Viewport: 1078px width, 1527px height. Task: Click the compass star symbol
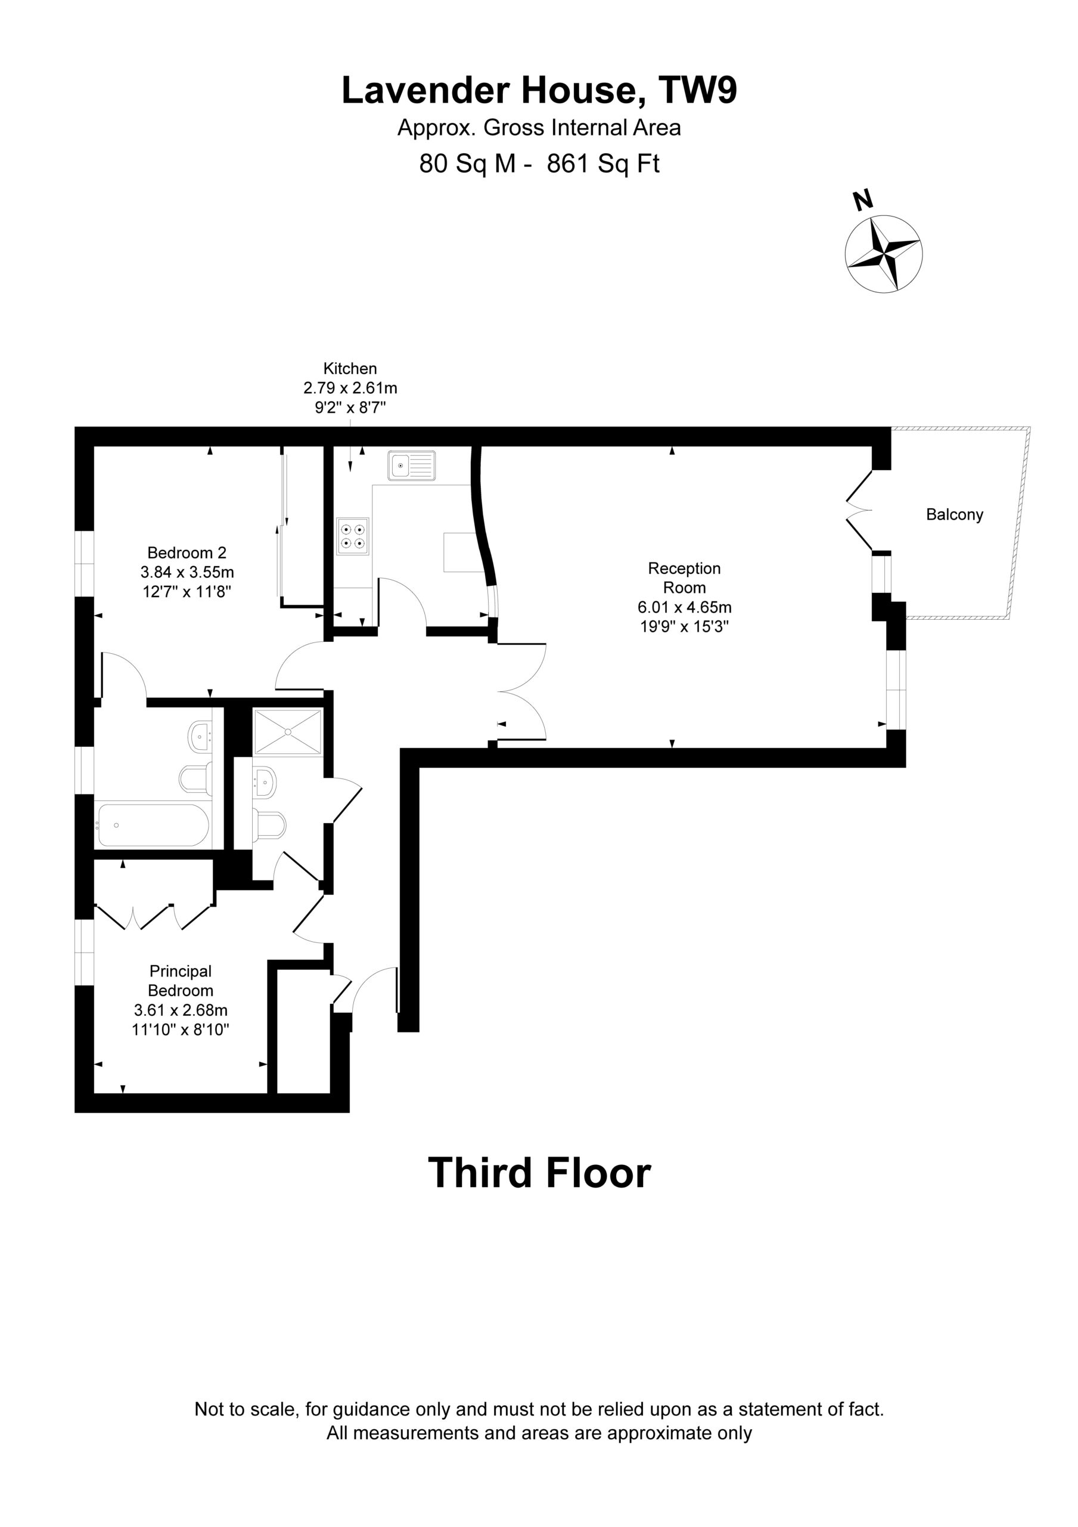coord(883,253)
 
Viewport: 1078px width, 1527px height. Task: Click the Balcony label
coord(955,514)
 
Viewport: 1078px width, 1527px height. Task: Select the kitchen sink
coord(412,465)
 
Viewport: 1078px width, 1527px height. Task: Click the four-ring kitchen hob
coord(352,536)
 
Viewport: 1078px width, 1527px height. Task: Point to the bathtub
coord(154,826)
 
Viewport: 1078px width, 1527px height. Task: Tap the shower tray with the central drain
coord(288,731)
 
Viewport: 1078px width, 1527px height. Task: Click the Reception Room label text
coord(685,578)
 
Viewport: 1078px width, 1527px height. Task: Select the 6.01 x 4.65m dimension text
coord(685,607)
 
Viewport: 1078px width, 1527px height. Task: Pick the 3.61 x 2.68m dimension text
coord(181,1010)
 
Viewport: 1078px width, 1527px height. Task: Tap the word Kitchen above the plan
coord(350,369)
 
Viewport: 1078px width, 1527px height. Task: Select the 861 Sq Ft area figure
coord(603,163)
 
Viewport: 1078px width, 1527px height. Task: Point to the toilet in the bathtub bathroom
coord(196,777)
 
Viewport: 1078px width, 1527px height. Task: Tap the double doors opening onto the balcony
coord(859,511)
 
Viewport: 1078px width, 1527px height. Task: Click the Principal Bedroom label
coord(181,981)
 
